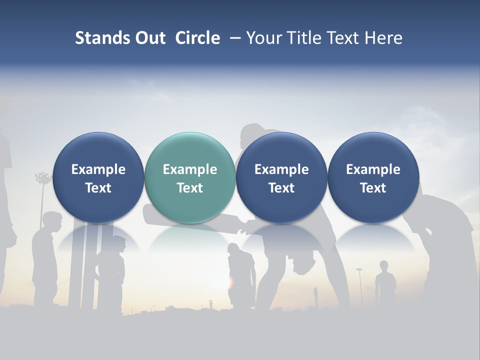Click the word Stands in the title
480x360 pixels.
(101, 38)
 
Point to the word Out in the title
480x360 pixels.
(149, 38)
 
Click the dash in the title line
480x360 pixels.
(233, 38)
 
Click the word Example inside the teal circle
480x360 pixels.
(190, 169)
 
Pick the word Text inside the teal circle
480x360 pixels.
(190, 188)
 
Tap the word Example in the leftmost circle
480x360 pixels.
(98, 169)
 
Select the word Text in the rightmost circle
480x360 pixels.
(373, 188)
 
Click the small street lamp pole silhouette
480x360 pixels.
(359, 285)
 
